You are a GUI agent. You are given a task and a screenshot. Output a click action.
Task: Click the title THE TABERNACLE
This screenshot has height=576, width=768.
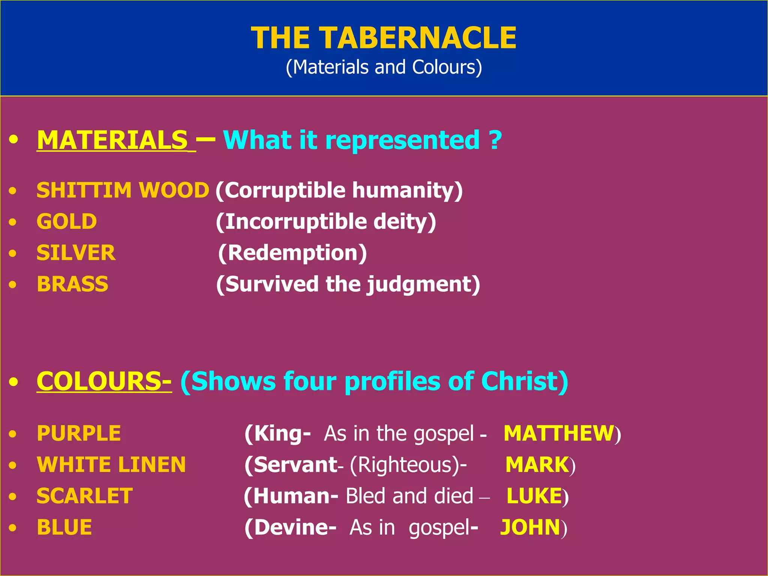click(384, 38)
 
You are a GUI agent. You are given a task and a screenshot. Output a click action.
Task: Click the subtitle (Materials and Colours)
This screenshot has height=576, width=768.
click(384, 67)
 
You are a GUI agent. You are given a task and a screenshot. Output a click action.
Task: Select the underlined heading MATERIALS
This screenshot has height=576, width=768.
click(112, 140)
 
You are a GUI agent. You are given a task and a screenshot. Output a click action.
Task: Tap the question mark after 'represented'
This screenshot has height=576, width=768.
click(495, 140)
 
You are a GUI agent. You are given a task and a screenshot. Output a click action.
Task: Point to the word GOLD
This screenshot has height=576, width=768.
click(67, 222)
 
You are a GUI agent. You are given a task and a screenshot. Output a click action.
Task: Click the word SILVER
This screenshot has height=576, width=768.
click(76, 253)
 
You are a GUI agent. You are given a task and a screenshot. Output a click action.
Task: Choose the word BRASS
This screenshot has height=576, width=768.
click(73, 284)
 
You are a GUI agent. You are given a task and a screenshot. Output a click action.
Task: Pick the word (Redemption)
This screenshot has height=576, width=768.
click(292, 253)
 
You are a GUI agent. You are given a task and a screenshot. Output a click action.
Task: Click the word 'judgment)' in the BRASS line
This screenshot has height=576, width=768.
click(424, 285)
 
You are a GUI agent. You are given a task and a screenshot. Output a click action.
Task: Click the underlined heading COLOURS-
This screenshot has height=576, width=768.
click(104, 381)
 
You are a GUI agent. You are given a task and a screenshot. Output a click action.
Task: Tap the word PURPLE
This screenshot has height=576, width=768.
click(79, 433)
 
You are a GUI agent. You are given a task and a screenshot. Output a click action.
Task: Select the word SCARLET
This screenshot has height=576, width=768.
click(85, 496)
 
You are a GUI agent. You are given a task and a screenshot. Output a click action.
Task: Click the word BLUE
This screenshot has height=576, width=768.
click(64, 528)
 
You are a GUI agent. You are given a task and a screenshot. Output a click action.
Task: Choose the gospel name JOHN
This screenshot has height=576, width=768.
click(530, 528)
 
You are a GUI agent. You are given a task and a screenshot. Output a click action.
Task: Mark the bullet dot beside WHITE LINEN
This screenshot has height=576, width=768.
click(13, 465)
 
